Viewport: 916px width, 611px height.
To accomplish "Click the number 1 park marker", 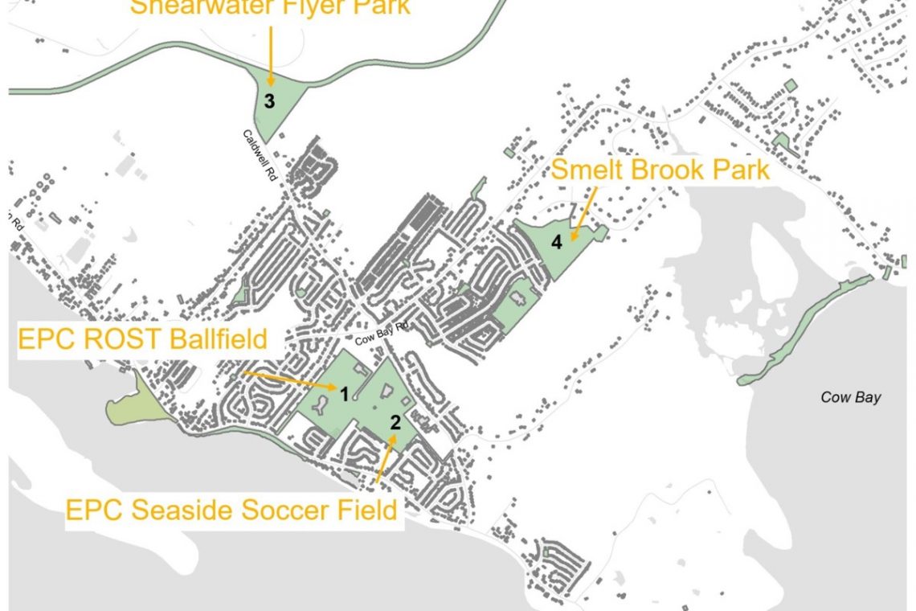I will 344,394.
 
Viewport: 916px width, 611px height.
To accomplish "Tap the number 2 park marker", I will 395,420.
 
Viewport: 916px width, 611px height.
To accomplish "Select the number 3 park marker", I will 270,102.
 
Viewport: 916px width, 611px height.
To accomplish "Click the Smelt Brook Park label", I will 660,170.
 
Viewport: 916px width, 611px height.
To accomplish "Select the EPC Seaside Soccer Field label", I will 231,510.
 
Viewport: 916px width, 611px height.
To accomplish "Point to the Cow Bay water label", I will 851,397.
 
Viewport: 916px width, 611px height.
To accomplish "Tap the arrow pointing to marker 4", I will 585,213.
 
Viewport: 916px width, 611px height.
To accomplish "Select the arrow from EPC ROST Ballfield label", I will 289,381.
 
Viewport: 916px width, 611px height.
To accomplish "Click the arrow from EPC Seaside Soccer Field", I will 384,459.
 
